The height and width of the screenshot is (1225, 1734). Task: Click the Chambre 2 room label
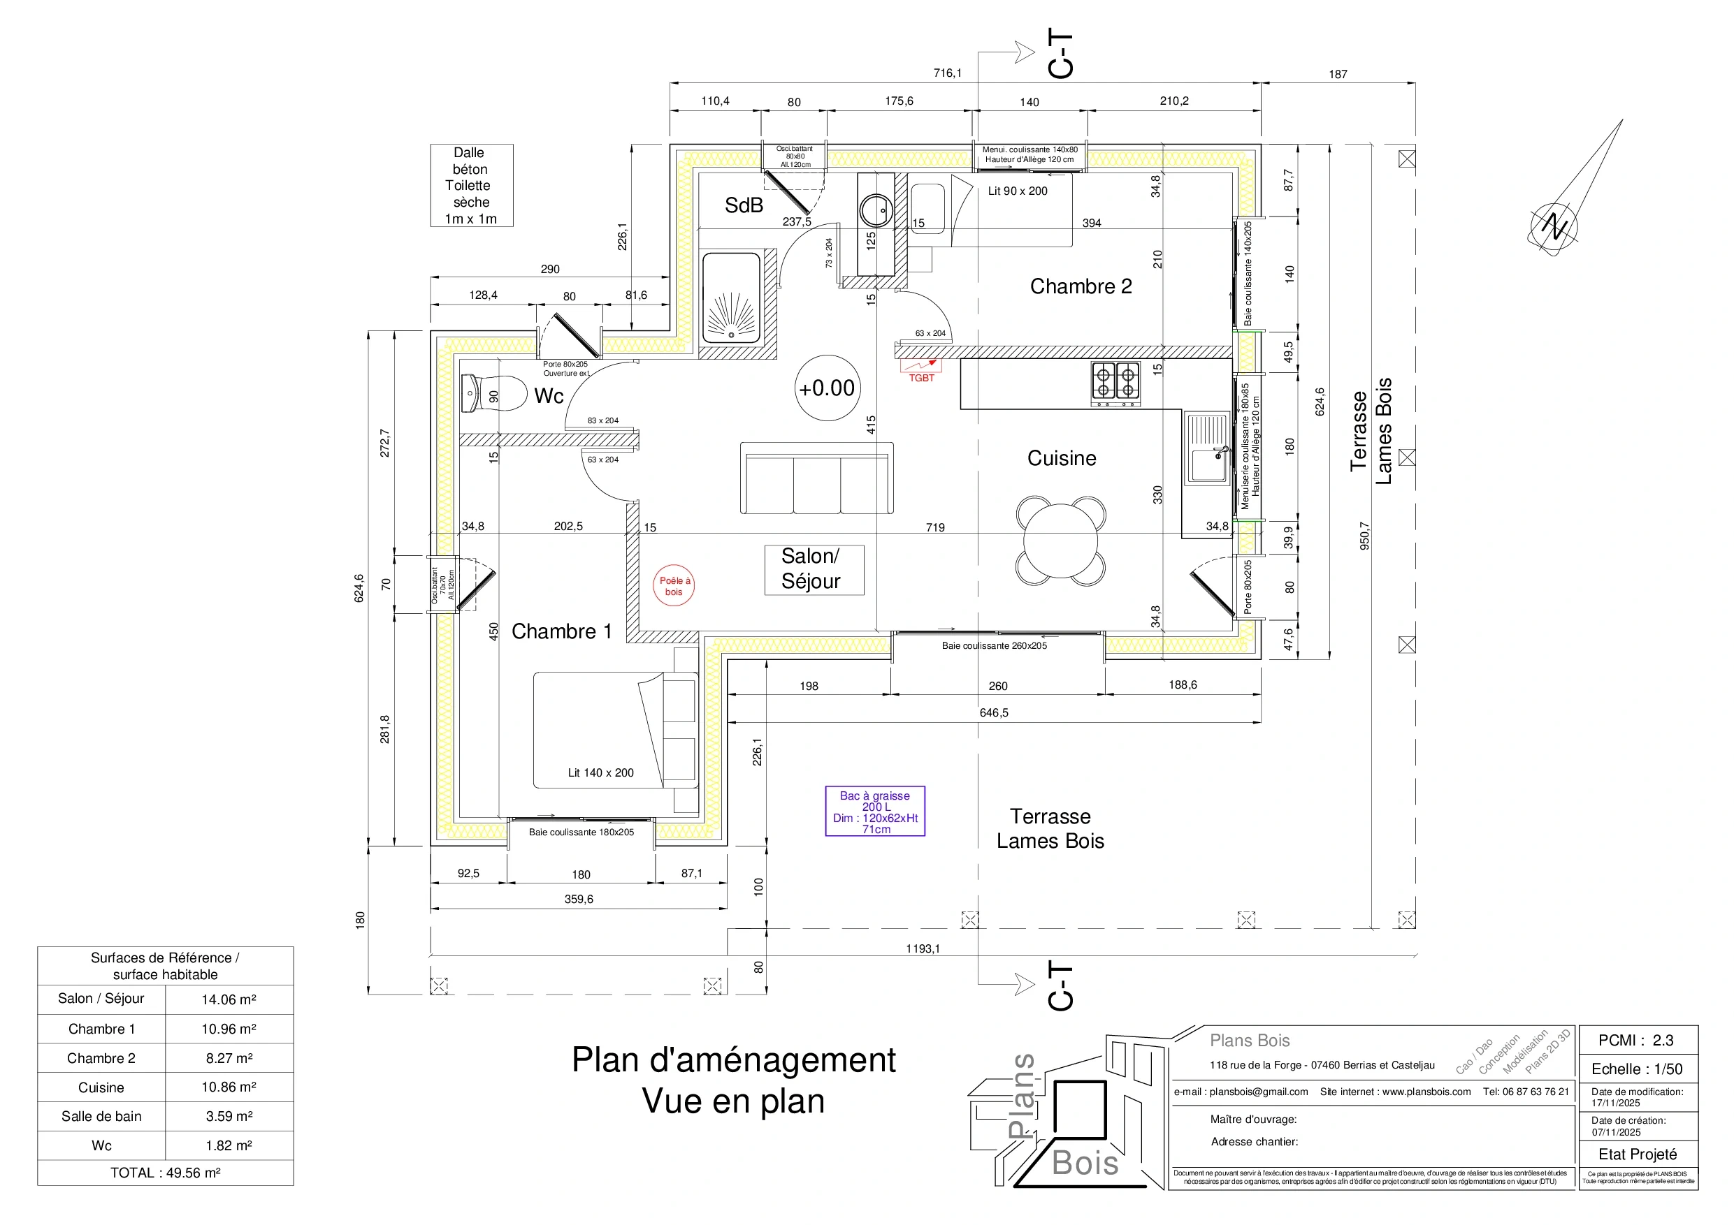click(x=1081, y=287)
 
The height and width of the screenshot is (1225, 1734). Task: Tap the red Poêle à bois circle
click(x=674, y=587)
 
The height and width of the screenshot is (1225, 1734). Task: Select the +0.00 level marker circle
click(x=827, y=388)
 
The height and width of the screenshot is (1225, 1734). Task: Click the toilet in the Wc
click(x=495, y=394)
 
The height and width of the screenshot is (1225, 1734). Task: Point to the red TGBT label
click(x=921, y=378)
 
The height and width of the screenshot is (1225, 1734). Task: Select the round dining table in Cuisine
click(x=1061, y=541)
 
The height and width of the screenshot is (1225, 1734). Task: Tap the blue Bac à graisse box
click(x=875, y=812)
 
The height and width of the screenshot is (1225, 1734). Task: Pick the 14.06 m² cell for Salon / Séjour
click(x=229, y=999)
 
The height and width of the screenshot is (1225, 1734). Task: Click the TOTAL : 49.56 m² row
click(x=166, y=1173)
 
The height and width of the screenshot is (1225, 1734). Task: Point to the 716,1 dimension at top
click(x=947, y=73)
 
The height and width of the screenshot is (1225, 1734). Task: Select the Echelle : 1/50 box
click(x=1638, y=1069)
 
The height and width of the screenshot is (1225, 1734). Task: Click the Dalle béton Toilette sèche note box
click(x=471, y=186)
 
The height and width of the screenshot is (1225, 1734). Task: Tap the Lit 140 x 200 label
click(x=600, y=773)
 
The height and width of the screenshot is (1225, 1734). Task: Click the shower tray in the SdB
click(x=731, y=298)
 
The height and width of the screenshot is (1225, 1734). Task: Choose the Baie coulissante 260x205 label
click(x=994, y=646)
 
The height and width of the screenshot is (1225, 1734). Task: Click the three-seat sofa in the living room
click(x=816, y=479)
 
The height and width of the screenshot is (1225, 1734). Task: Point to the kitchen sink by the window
click(x=1206, y=449)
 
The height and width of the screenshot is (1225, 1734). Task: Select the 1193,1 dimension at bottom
click(x=923, y=948)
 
